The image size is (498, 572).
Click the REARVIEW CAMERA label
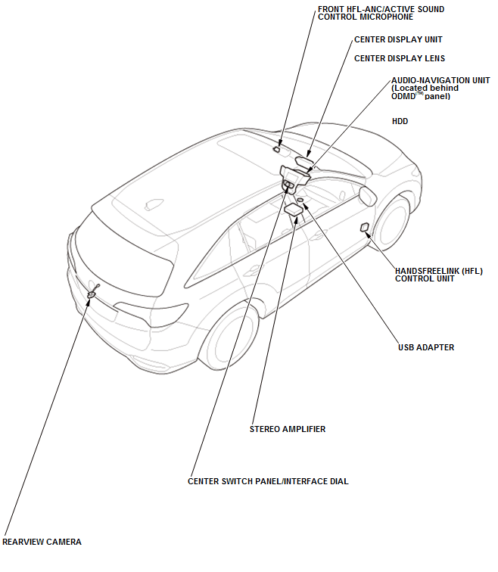pos(42,542)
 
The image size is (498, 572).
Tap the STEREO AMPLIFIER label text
pos(288,429)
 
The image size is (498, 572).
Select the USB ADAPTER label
pos(426,348)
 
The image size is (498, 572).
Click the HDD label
pos(400,121)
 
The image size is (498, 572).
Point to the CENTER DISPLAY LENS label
pos(400,58)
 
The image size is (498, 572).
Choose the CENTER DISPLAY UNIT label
pos(398,39)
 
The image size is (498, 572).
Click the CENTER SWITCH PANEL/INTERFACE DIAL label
pos(268,481)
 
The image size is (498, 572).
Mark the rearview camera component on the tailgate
pos(92,293)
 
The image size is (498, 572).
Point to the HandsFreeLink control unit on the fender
pos(365,227)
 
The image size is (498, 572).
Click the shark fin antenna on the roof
pos(154,204)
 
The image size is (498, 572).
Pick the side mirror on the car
pos(368,196)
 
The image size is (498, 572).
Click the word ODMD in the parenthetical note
pos(404,96)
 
